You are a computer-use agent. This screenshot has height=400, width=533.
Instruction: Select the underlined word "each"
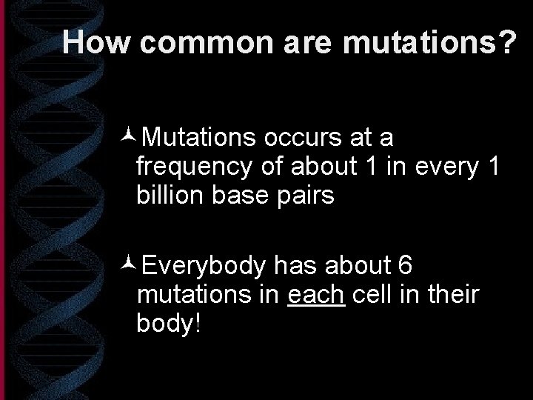tap(315, 295)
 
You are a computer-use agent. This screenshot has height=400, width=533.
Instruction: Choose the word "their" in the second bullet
tap(453, 295)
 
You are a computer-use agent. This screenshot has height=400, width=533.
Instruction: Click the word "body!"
tap(169, 324)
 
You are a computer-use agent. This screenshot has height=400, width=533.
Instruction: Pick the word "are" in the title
tap(305, 43)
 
